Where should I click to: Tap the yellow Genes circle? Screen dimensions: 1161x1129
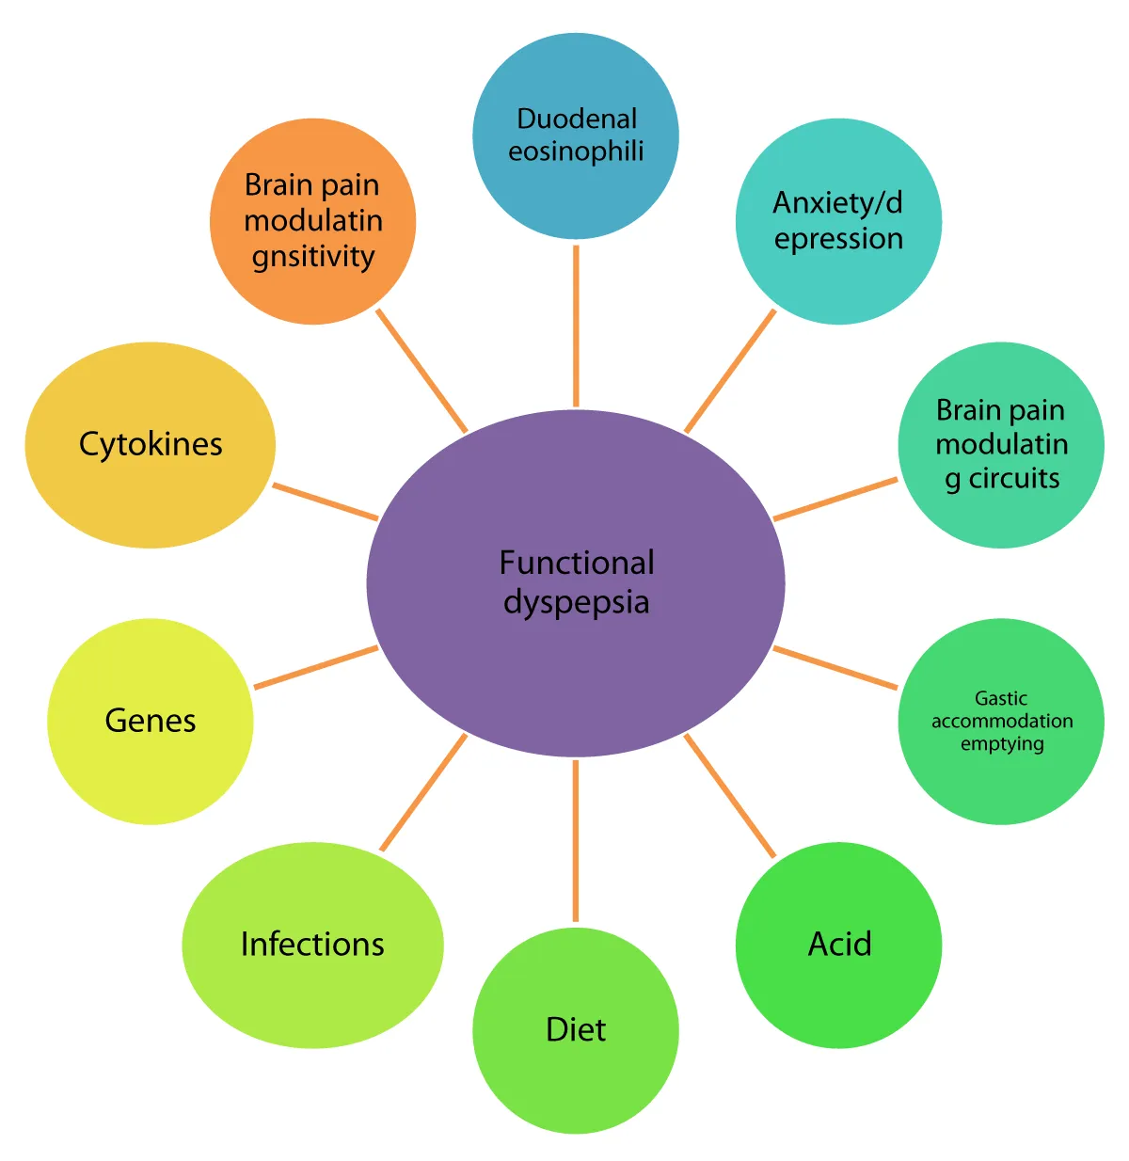[151, 771]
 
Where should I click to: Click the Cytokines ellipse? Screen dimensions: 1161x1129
[151, 499]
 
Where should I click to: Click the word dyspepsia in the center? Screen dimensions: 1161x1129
[576, 602]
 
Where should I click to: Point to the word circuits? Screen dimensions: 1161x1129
[1013, 478]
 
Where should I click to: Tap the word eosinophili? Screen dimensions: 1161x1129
[576, 151]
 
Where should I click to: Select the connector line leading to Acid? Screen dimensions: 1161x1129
[729, 796]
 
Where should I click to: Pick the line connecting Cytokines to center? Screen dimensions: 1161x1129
[326, 501]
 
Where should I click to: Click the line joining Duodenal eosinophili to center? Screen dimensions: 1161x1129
[575, 326]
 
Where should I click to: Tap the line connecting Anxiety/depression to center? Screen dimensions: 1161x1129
[730, 371]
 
